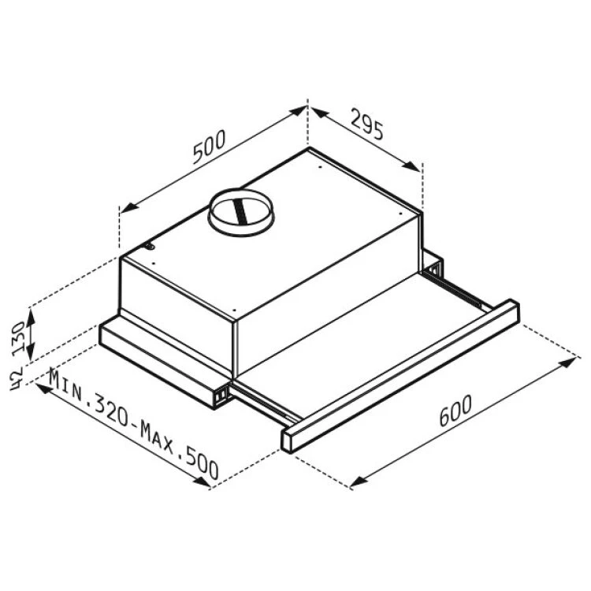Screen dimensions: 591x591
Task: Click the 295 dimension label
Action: (367, 124)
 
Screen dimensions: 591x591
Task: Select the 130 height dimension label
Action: (18, 336)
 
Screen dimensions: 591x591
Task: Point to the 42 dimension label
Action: (17, 378)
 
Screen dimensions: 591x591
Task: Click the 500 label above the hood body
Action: (209, 147)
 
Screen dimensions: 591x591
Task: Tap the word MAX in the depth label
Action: (157, 437)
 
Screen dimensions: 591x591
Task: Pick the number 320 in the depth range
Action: (111, 411)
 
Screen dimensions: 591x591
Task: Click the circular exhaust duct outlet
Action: (242, 212)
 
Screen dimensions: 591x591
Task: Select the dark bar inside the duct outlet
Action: (240, 211)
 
